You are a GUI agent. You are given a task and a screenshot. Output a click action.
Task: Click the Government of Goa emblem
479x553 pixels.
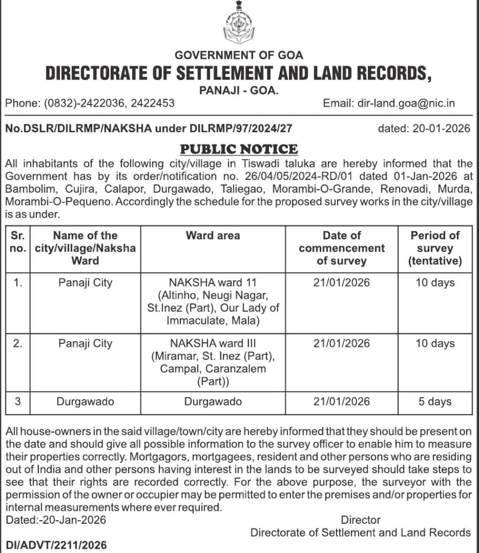(x=239, y=24)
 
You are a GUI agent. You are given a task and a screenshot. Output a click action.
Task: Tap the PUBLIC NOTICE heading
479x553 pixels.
(x=239, y=149)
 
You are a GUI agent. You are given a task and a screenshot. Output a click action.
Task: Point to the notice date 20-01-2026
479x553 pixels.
(x=439, y=129)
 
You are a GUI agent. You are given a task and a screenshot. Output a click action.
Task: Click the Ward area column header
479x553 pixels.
(x=213, y=235)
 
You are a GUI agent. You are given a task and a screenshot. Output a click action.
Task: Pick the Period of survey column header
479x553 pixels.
(x=435, y=248)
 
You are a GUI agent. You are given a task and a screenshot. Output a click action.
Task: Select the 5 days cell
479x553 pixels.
(x=435, y=401)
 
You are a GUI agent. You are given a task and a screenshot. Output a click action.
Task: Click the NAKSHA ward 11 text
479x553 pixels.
(x=213, y=283)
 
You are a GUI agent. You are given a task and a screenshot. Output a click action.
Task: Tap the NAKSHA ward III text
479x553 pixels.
(x=213, y=343)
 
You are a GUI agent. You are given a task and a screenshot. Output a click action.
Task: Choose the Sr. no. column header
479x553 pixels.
(x=18, y=242)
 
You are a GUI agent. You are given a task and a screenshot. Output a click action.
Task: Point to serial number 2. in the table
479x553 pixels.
(x=18, y=343)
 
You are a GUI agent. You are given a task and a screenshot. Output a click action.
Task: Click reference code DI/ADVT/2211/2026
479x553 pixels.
(x=56, y=544)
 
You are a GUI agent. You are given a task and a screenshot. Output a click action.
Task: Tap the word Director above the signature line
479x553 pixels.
(x=361, y=520)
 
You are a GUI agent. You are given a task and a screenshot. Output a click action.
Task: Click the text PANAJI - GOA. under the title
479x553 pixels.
(x=239, y=91)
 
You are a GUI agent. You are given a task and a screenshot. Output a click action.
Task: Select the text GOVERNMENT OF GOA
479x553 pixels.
(x=239, y=55)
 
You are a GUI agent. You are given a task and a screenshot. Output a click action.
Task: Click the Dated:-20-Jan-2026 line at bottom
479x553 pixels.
(x=56, y=520)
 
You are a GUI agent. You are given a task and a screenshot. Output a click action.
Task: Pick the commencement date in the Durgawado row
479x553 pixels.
(x=341, y=401)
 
